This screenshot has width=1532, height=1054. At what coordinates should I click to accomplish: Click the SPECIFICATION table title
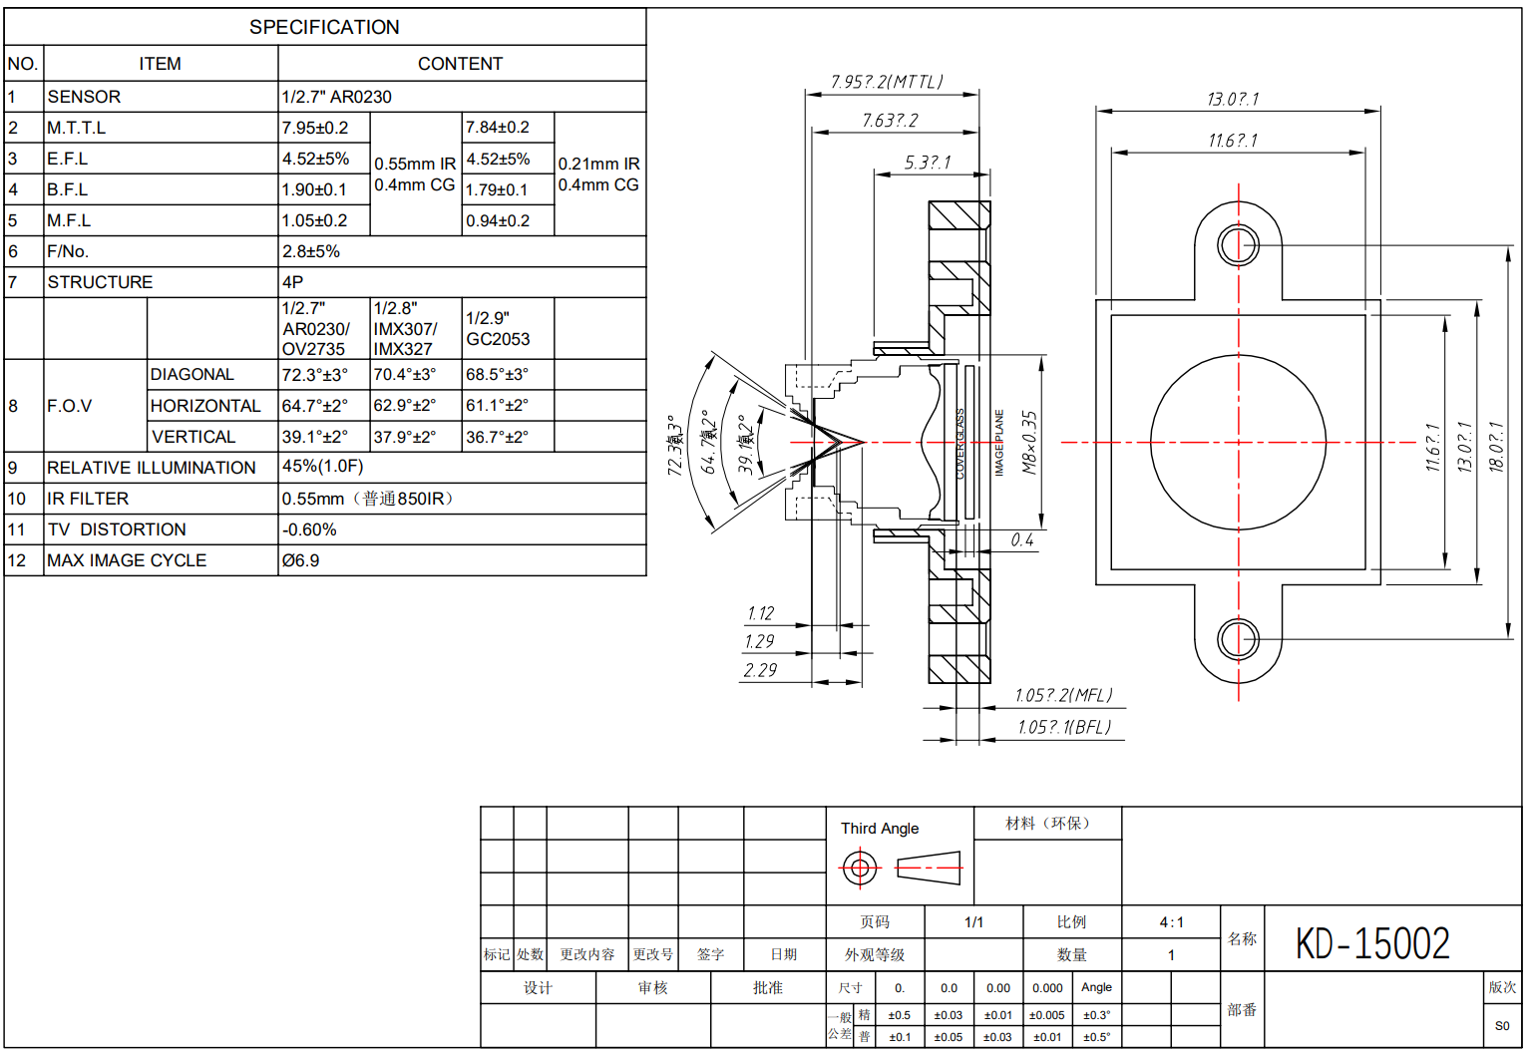[x=324, y=27]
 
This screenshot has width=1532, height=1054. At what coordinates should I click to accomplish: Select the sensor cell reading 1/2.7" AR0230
[x=336, y=97]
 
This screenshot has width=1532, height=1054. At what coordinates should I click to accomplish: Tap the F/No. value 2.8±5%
[x=311, y=251]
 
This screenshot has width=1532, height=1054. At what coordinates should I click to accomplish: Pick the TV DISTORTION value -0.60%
[x=309, y=529]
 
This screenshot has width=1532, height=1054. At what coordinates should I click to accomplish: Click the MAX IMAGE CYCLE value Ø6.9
[x=300, y=560]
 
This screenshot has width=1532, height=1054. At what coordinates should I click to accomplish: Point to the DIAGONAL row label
[x=192, y=375]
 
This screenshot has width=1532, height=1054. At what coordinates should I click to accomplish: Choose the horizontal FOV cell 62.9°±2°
[x=405, y=406]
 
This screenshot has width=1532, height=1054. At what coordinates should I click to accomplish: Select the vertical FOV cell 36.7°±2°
[x=497, y=437]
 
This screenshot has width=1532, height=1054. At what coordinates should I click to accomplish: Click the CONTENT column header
[x=460, y=64]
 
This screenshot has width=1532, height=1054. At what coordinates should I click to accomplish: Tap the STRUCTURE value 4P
[x=292, y=282]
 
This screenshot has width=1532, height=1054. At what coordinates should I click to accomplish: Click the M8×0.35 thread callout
[x=1029, y=442]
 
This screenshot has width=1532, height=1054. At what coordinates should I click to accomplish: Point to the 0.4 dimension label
[x=1022, y=539]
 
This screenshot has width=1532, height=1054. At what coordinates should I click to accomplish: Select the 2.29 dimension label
[x=760, y=670]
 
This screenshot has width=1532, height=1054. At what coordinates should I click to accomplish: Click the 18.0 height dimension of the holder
[x=1496, y=445]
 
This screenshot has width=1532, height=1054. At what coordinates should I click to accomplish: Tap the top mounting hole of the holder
[x=1239, y=243]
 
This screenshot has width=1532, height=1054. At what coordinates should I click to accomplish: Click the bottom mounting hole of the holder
[x=1239, y=638]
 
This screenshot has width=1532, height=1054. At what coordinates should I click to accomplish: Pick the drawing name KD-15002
[x=1372, y=943]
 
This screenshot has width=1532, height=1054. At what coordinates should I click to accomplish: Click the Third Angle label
[x=880, y=829]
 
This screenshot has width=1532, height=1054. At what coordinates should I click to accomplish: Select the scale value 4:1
[x=1171, y=922]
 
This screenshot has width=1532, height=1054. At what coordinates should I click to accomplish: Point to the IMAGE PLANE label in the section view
[x=999, y=442]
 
